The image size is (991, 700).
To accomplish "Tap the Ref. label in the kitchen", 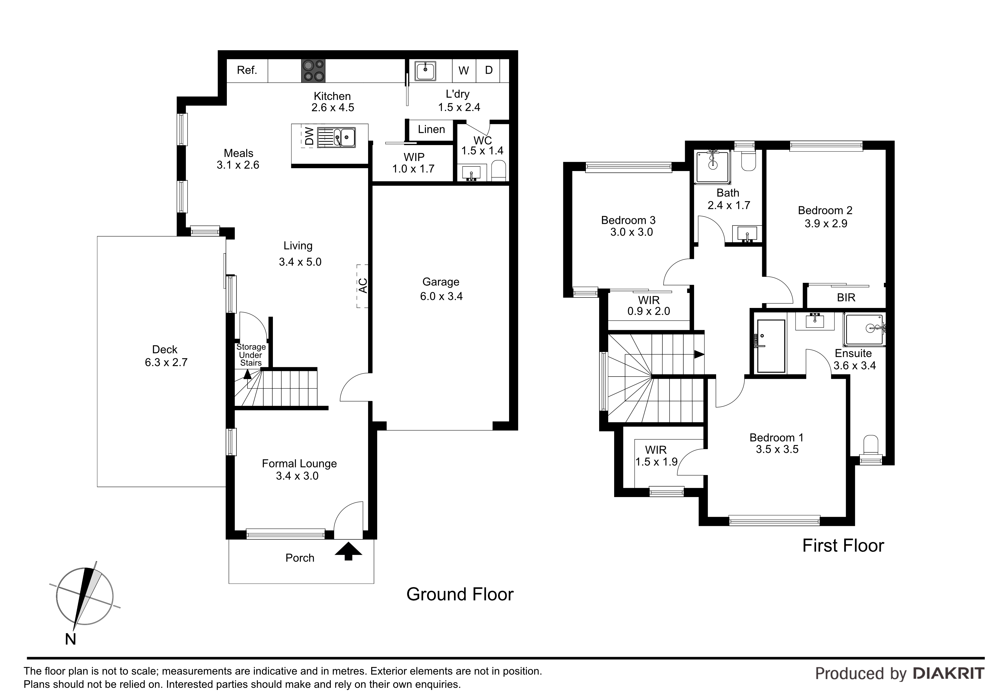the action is click(247, 70).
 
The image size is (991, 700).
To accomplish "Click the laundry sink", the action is click(425, 71).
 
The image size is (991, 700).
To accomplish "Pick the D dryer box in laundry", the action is click(489, 70).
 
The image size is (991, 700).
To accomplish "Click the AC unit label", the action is click(363, 286).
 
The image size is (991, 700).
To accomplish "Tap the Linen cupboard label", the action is click(431, 129).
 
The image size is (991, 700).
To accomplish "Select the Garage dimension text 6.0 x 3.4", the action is click(441, 296).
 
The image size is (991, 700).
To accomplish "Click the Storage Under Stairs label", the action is click(251, 355).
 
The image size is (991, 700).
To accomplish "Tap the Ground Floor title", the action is click(460, 594).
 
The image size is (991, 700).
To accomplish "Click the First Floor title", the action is click(843, 546).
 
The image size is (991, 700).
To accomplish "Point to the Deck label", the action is click(165, 349).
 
